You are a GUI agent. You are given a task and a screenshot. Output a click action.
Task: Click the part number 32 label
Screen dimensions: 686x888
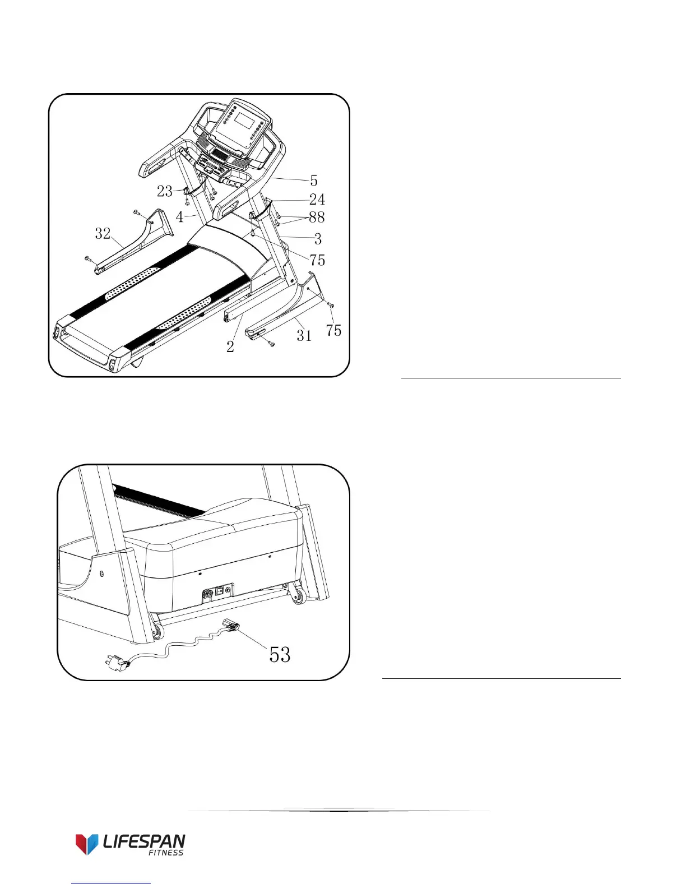pos(103,233)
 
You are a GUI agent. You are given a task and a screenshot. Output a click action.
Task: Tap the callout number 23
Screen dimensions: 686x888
pos(164,192)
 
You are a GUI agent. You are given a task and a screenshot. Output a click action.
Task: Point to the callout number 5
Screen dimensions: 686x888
pos(314,181)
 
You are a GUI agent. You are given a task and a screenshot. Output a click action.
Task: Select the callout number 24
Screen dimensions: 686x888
pos(317,199)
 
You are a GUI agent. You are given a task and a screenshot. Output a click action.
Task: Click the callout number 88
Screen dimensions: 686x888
pos(317,218)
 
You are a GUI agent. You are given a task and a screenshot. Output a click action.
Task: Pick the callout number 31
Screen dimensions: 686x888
pos(304,335)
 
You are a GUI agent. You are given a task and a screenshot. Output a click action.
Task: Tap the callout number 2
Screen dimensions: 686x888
pos(230,347)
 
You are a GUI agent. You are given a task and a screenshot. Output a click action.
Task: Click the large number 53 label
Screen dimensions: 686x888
pos(280,654)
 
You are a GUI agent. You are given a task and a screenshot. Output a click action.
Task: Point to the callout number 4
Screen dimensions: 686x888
pos(179,217)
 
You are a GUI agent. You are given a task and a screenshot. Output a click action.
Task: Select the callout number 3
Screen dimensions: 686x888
pos(318,239)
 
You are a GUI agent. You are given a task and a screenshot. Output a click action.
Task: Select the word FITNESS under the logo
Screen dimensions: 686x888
pos(165,853)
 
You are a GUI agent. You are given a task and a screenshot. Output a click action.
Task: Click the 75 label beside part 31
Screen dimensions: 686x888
pos(333,331)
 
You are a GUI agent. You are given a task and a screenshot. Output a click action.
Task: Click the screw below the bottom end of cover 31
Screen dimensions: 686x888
pos(271,343)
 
